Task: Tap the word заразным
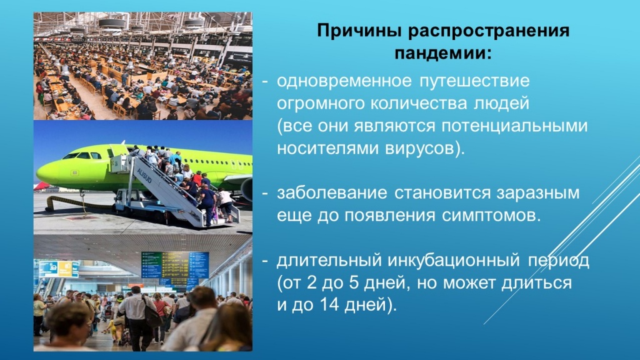(x=540, y=193)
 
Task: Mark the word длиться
(x=539, y=283)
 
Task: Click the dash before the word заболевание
(x=265, y=193)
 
